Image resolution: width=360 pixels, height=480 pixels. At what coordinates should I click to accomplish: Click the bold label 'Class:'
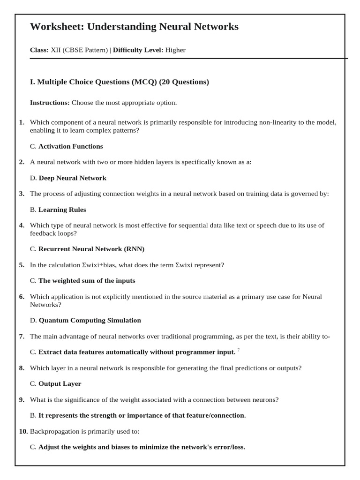tap(39, 50)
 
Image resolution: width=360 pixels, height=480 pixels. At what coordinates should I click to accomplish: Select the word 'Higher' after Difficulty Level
tap(175, 50)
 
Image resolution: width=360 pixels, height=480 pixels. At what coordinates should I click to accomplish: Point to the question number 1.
tap(22, 122)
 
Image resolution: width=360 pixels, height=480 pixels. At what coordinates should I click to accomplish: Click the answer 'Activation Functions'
tap(70, 146)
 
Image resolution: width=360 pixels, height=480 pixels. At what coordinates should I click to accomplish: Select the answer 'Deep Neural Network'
tap(72, 178)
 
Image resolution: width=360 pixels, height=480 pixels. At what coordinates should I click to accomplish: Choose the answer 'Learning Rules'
tap(62, 210)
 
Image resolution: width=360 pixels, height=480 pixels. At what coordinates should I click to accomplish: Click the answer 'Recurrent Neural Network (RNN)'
tap(91, 249)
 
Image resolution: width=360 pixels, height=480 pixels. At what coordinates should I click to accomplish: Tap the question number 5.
tap(22, 265)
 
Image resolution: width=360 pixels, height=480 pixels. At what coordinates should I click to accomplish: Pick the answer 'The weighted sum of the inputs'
tap(87, 280)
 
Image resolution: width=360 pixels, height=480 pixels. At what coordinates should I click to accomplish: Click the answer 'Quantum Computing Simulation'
tap(90, 320)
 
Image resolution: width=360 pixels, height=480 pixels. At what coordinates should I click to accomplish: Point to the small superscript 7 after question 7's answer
tap(239, 350)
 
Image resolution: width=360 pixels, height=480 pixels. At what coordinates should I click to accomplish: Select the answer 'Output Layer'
tap(60, 383)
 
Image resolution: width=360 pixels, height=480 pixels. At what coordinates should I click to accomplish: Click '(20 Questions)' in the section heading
tap(184, 82)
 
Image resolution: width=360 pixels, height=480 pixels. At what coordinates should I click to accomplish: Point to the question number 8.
tap(22, 368)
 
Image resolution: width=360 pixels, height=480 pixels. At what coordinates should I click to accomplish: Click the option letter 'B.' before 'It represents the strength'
tap(33, 415)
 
